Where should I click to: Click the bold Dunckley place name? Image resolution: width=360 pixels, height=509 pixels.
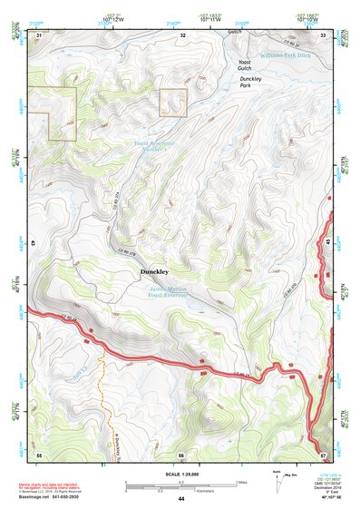(154, 271)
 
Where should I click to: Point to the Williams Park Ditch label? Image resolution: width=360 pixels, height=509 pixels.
(285, 55)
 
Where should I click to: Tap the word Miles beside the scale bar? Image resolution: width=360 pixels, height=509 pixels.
(242, 481)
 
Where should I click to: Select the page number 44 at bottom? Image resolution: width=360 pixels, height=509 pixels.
(180, 499)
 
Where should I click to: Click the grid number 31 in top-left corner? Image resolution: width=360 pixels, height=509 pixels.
(39, 34)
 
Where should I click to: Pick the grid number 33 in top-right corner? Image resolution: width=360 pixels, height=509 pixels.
(324, 34)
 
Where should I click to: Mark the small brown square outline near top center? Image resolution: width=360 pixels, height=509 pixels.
(172, 103)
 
